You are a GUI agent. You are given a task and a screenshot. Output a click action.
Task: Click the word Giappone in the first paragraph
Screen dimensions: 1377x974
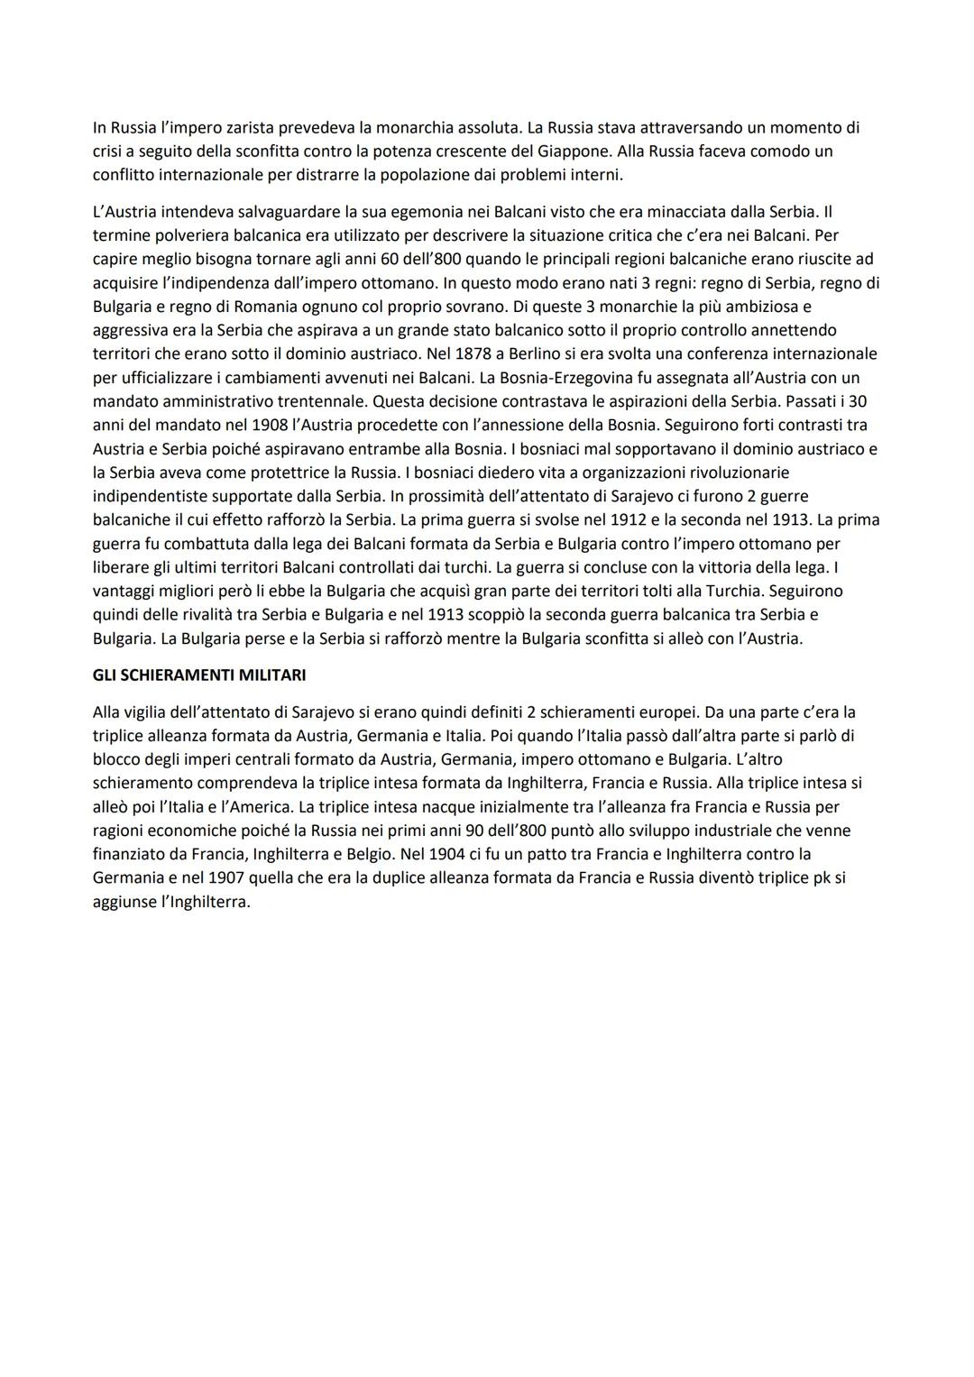572,151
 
